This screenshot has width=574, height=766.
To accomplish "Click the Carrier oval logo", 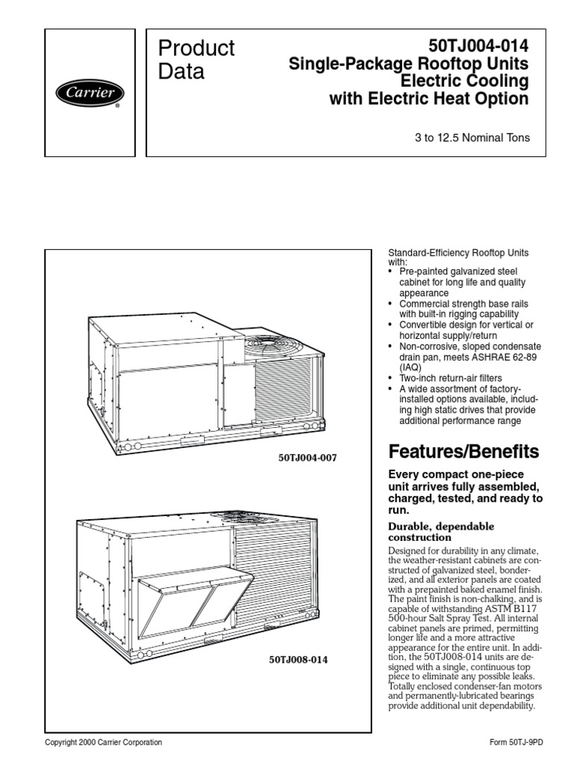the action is pos(90,93).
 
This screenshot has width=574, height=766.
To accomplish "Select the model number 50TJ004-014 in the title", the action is pos(478,46).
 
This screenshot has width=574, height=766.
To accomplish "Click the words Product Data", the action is pos(197,60).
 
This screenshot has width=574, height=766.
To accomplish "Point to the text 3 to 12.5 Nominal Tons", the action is pos(472,138).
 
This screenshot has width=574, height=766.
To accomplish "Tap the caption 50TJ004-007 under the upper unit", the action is pos(307,459).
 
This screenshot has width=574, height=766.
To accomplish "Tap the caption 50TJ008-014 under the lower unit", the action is pos(298,660).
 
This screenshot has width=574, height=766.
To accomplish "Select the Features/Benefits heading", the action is pos(463,451).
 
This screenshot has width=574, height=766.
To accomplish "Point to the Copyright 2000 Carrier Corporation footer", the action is pos(103,742).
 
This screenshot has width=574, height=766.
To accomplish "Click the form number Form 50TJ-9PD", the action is pos(516,742).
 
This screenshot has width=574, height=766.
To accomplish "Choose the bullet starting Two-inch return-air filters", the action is pos(451,378).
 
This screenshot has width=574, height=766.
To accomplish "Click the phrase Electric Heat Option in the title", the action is pos(448,99).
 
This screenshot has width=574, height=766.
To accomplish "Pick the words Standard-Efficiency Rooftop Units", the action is pos(458,253).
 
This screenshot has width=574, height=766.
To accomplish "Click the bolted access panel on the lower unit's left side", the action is pos(92,599).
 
